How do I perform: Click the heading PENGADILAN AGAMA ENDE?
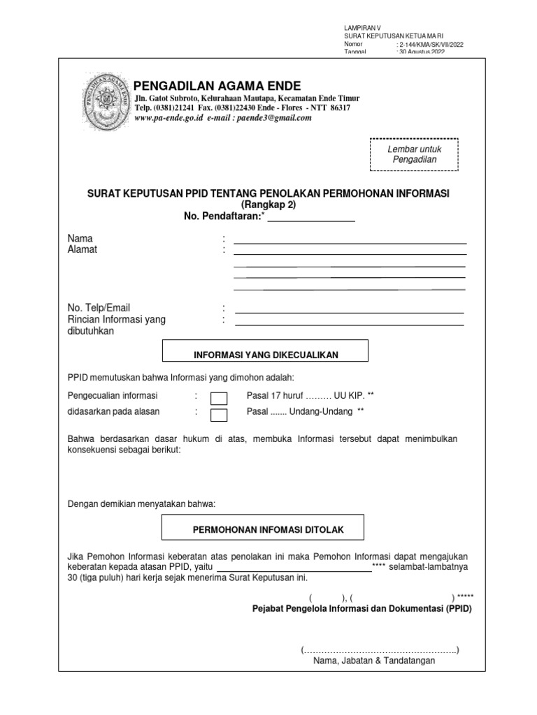(217, 86)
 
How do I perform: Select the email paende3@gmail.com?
(276, 119)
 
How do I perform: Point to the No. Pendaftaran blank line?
(311, 218)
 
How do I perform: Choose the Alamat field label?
(83, 250)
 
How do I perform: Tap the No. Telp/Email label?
(99, 308)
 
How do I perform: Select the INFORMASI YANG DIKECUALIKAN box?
(265, 355)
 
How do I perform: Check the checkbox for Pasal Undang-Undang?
(219, 415)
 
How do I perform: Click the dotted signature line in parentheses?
(380, 650)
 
